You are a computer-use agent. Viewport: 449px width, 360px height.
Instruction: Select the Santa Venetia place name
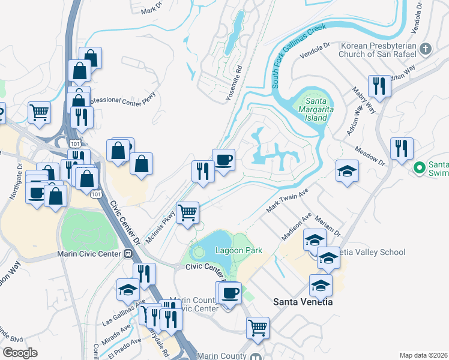pyautogui.click(x=303, y=302)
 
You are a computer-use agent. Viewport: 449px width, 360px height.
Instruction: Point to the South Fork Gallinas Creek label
pyautogui.click(x=300, y=55)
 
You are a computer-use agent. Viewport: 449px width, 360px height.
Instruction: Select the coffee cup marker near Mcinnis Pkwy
pyautogui.click(x=223, y=160)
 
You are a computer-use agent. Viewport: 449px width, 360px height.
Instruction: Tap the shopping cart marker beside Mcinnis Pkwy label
pyautogui.click(x=187, y=212)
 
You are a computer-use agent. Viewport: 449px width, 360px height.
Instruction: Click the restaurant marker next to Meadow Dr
pyautogui.click(x=402, y=148)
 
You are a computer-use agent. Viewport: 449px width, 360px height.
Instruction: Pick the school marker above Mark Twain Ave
pyautogui.click(x=347, y=171)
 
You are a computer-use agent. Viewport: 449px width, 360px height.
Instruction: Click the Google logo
pyautogui.click(x=20, y=353)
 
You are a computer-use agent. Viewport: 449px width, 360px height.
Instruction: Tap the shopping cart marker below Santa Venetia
pyautogui.click(x=258, y=328)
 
